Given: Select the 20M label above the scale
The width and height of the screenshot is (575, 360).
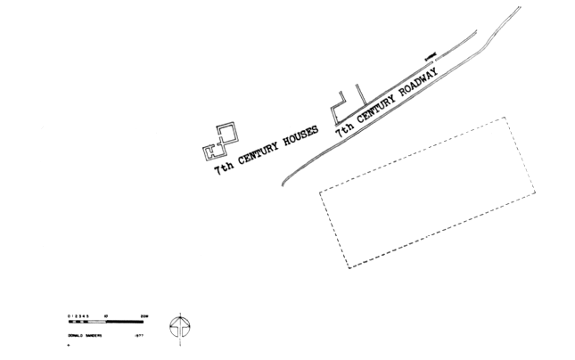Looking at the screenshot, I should tap(144, 315).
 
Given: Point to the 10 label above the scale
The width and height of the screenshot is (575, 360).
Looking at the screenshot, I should tap(107, 315).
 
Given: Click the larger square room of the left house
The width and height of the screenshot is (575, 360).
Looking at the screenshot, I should tap(227, 134).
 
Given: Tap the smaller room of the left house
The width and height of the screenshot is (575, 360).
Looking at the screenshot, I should tap(211, 148).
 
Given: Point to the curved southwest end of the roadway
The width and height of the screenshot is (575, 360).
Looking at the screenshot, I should tap(284, 183).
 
